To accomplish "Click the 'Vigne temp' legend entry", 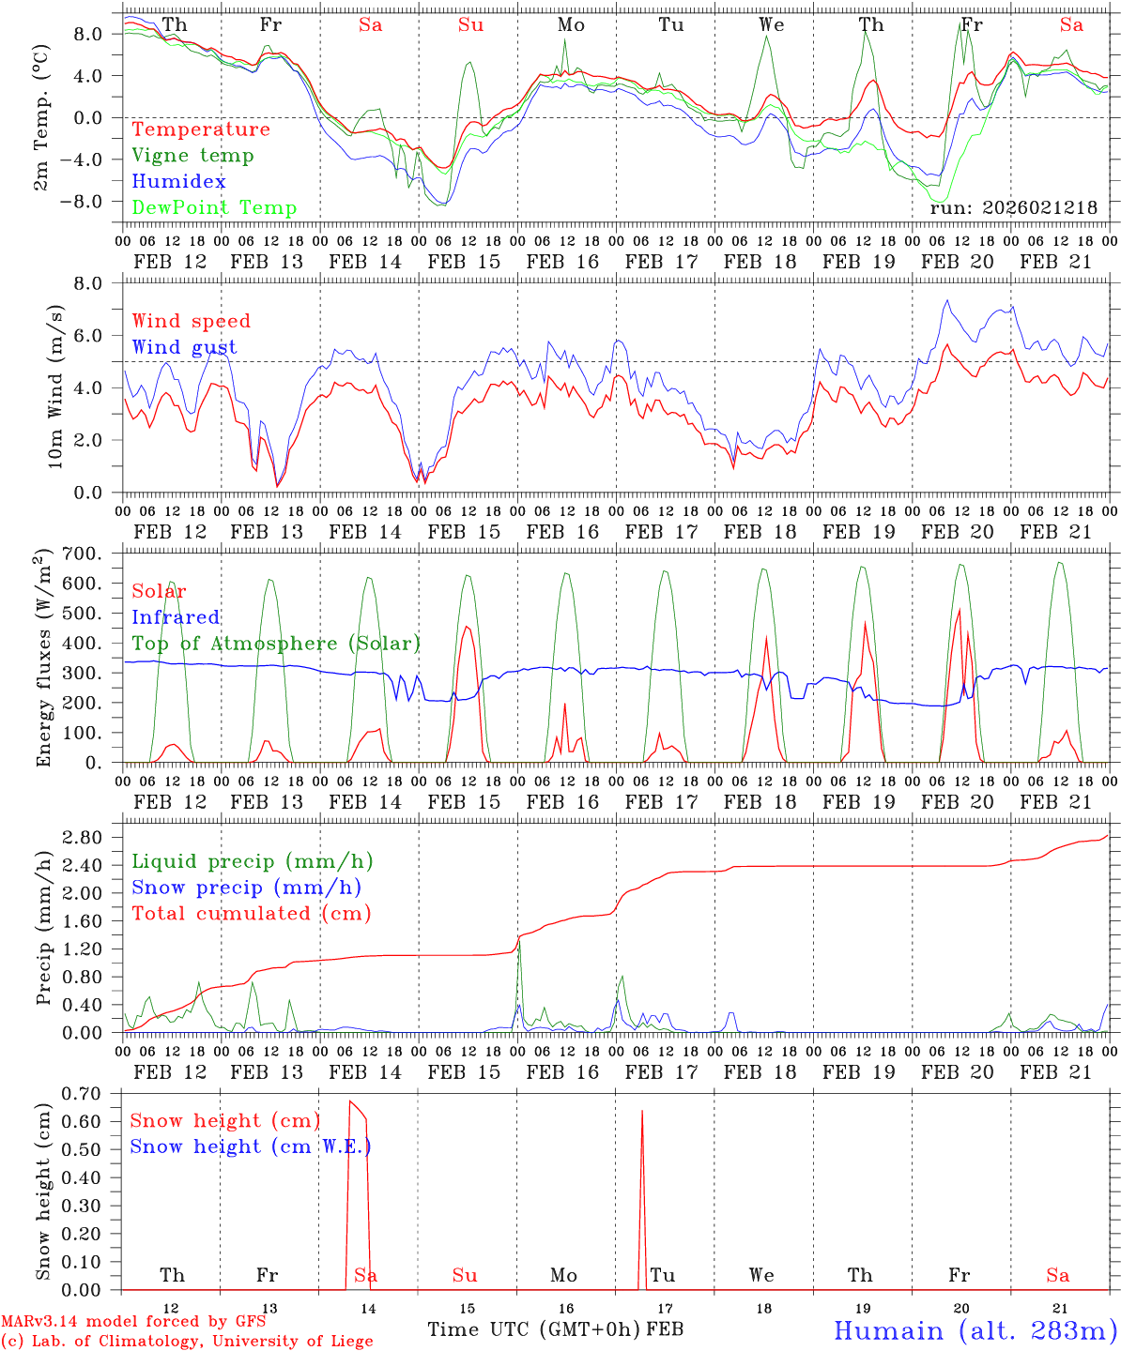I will tap(192, 156).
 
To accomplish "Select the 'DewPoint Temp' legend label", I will tap(214, 208).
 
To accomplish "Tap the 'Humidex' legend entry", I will tap(178, 182).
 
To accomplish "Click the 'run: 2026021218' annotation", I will tap(1013, 208).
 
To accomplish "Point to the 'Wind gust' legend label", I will tap(184, 347).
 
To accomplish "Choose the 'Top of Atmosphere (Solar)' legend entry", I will tap(276, 644).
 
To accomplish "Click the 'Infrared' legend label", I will tap(176, 617).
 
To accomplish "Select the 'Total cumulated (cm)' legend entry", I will tap(251, 914).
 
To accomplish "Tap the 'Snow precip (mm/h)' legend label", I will tap(246, 888).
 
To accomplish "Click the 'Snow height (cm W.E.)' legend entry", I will tap(251, 1146).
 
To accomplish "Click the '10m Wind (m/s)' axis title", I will tap(55, 387).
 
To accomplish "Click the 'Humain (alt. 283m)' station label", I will tap(975, 1330).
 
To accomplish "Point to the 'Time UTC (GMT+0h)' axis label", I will tap(534, 1329).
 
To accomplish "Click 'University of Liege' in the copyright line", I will tap(292, 1342).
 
